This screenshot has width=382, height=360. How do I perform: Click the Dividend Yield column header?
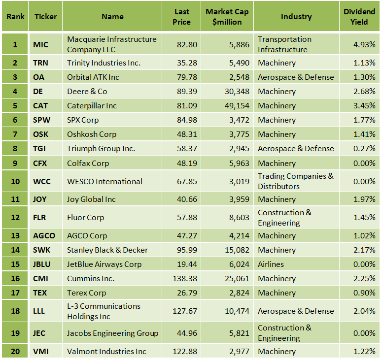tap(359, 16)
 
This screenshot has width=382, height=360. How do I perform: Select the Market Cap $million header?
tap(227, 16)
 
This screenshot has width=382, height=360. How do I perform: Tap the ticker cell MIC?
tap(41, 44)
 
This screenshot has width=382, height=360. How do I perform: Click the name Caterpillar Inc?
tap(92, 106)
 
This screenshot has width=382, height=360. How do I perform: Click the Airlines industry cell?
tap(271, 264)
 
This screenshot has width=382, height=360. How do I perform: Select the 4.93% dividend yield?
tap(364, 44)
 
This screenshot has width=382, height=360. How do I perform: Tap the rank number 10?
tap(15, 181)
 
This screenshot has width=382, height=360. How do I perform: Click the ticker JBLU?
tap(44, 264)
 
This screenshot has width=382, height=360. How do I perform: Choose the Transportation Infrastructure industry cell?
tap(284, 44)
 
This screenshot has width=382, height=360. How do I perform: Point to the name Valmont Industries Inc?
tap(106, 352)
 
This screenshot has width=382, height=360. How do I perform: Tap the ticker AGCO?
tap(44, 236)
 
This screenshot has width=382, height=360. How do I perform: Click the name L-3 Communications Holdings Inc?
tap(104, 311)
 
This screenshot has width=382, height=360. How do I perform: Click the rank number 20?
tap(15, 352)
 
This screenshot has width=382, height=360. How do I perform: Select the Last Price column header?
tap(181, 16)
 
